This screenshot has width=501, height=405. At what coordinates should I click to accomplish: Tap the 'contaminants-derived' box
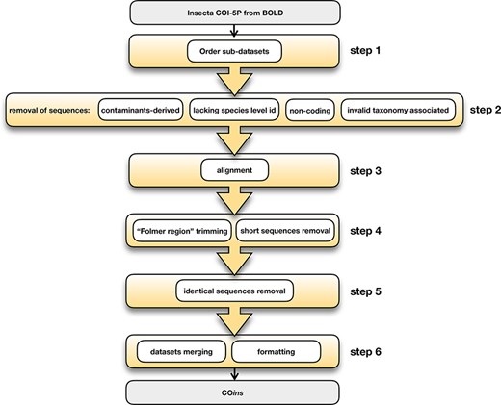pos(136,111)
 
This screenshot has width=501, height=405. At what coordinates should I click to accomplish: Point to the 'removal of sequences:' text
pos(49,111)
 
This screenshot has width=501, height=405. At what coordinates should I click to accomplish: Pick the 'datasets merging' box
pos(179,349)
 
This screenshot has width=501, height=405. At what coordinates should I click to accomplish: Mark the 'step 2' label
pos(475,111)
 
